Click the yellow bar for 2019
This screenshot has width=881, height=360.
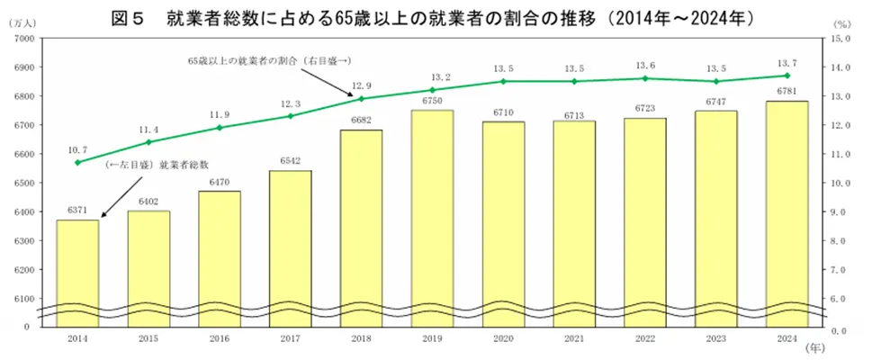click(x=432, y=216)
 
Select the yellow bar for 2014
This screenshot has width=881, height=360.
click(x=77, y=270)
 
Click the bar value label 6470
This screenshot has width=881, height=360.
click(x=220, y=183)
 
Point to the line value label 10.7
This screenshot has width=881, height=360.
click(x=77, y=149)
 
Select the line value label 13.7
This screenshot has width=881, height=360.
click(x=787, y=61)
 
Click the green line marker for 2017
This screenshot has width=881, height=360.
click(x=291, y=116)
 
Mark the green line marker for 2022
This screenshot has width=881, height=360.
click(x=645, y=78)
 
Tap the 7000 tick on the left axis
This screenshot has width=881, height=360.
click(x=23, y=39)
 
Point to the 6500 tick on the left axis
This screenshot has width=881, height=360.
click(x=23, y=183)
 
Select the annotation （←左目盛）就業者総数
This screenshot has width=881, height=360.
click(x=157, y=165)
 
